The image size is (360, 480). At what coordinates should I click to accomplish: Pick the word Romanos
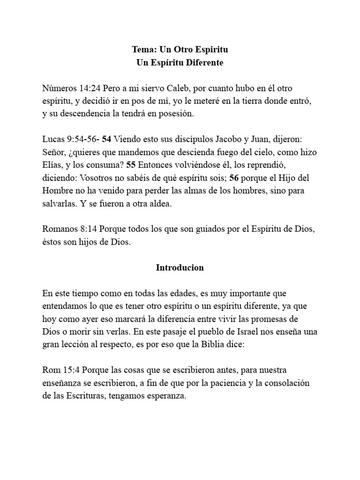59,229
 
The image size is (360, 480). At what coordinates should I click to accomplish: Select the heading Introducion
180,268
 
